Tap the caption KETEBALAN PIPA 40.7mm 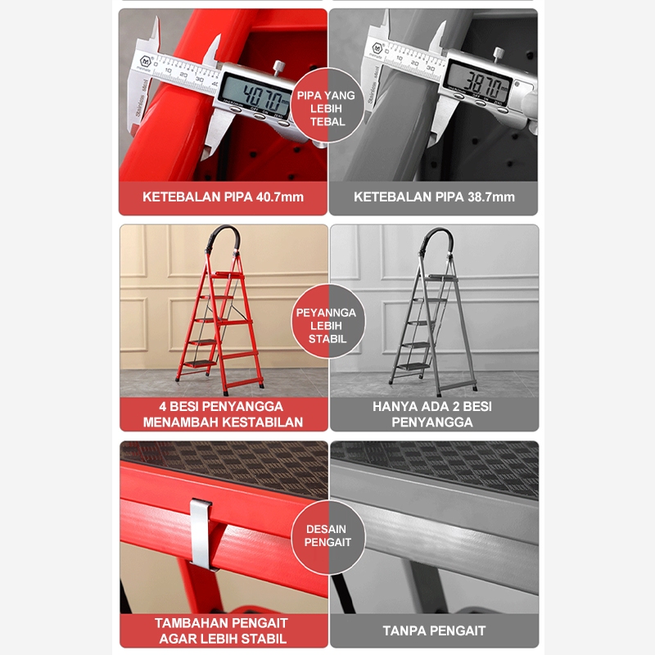coord(223,196)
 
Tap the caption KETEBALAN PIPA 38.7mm coord(434,196)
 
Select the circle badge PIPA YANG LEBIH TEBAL coord(327,106)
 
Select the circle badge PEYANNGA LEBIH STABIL coord(327,322)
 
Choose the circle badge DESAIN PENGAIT coord(327,537)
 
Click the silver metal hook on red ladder coord(201,535)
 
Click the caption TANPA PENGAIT coord(434,630)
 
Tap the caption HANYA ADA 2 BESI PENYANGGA coord(432,414)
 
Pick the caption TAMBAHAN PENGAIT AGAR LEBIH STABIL coord(222,630)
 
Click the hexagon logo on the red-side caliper coord(145,61)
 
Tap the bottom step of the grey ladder coord(413,366)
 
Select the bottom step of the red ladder coord(201,364)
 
